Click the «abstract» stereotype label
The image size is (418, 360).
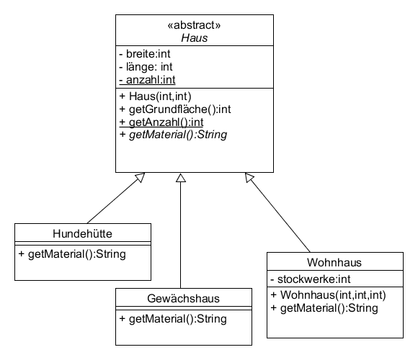(x=194, y=25)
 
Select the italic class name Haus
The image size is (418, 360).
(x=194, y=38)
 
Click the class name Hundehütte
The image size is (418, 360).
(x=82, y=234)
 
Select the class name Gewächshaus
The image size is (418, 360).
(x=183, y=299)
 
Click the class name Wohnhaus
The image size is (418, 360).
(x=334, y=263)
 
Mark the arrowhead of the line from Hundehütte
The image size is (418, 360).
(x=140, y=177)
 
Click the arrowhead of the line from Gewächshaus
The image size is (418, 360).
(x=181, y=178)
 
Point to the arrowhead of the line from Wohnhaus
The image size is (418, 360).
(x=249, y=177)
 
